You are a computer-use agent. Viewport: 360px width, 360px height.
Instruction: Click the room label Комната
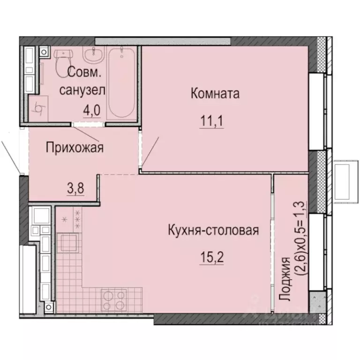pyautogui.click(x=215, y=93)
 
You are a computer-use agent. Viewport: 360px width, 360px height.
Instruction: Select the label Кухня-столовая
pyautogui.click(x=213, y=231)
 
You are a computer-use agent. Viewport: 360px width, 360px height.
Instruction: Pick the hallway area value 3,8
pyautogui.click(x=75, y=190)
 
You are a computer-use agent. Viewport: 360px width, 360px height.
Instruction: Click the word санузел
pyautogui.click(x=82, y=90)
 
